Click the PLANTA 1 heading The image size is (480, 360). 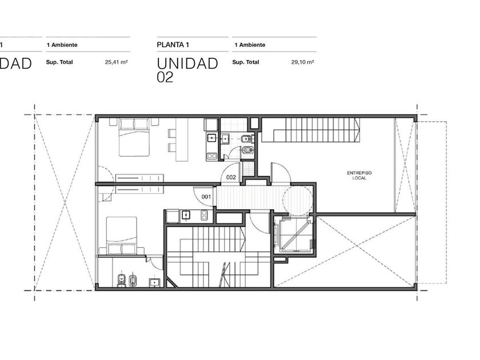tap(173, 45)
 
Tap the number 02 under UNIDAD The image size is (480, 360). tap(165, 77)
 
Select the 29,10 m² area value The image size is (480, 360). tap(302, 62)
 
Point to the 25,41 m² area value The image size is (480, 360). tap(117, 62)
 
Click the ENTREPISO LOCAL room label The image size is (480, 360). tap(359, 175)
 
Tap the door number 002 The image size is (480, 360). tap(231, 177)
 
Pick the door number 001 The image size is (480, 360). tap(206, 197)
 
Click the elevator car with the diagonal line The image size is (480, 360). tap(294, 234)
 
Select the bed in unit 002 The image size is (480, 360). tap(134, 137)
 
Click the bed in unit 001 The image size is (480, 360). tap(122, 235)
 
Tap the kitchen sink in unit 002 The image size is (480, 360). tap(211, 138)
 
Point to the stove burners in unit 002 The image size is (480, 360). tap(211, 157)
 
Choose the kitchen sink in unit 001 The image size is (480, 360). tap(186, 215)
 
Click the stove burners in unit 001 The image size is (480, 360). tap(204, 215)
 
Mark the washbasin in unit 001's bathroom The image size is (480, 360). tap(155, 282)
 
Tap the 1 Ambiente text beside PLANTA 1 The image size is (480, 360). tap(250, 45)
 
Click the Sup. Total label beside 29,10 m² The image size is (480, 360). tap(246, 62)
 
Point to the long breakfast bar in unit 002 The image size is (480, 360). tap(182, 139)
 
